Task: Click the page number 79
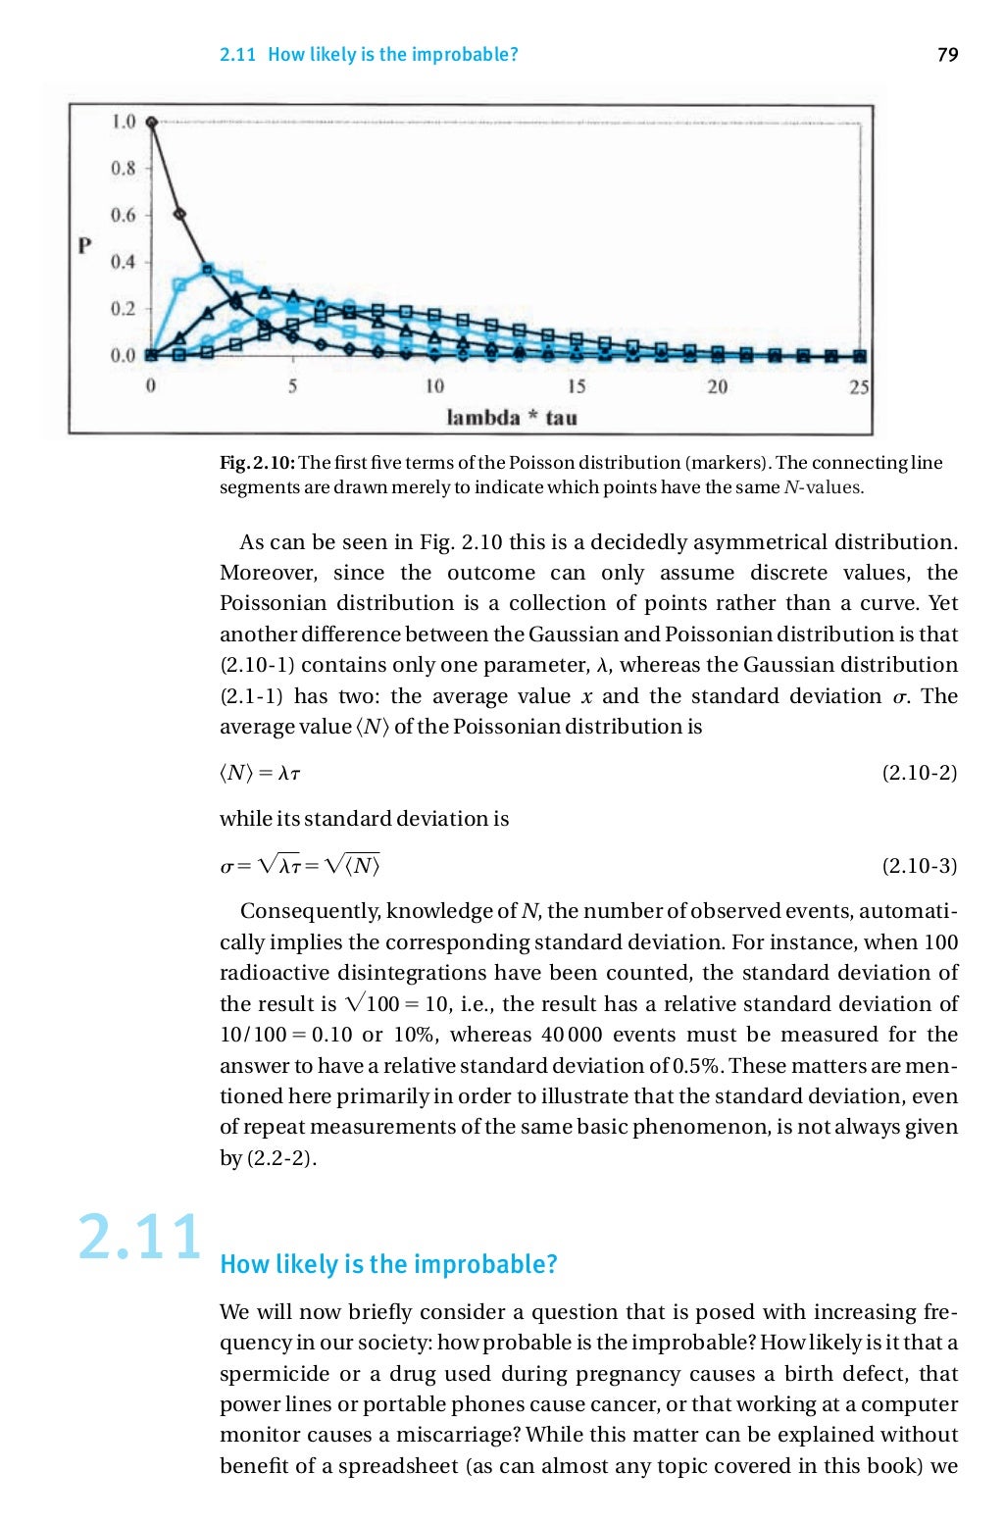point(947,55)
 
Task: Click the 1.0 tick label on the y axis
point(123,122)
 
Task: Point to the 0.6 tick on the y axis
point(123,215)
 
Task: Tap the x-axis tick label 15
point(577,386)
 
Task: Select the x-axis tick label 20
point(718,386)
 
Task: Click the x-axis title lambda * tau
point(512,418)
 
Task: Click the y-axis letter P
point(86,245)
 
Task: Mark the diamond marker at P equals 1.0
point(151,122)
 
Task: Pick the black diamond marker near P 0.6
point(179,214)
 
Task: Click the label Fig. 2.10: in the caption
point(257,463)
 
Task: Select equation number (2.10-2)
point(919,773)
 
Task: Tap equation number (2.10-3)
point(919,866)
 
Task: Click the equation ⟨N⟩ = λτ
point(260,774)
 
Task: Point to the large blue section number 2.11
point(139,1238)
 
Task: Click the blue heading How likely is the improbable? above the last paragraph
point(388,1264)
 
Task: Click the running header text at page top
point(369,55)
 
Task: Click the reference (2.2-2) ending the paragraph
point(280,1158)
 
